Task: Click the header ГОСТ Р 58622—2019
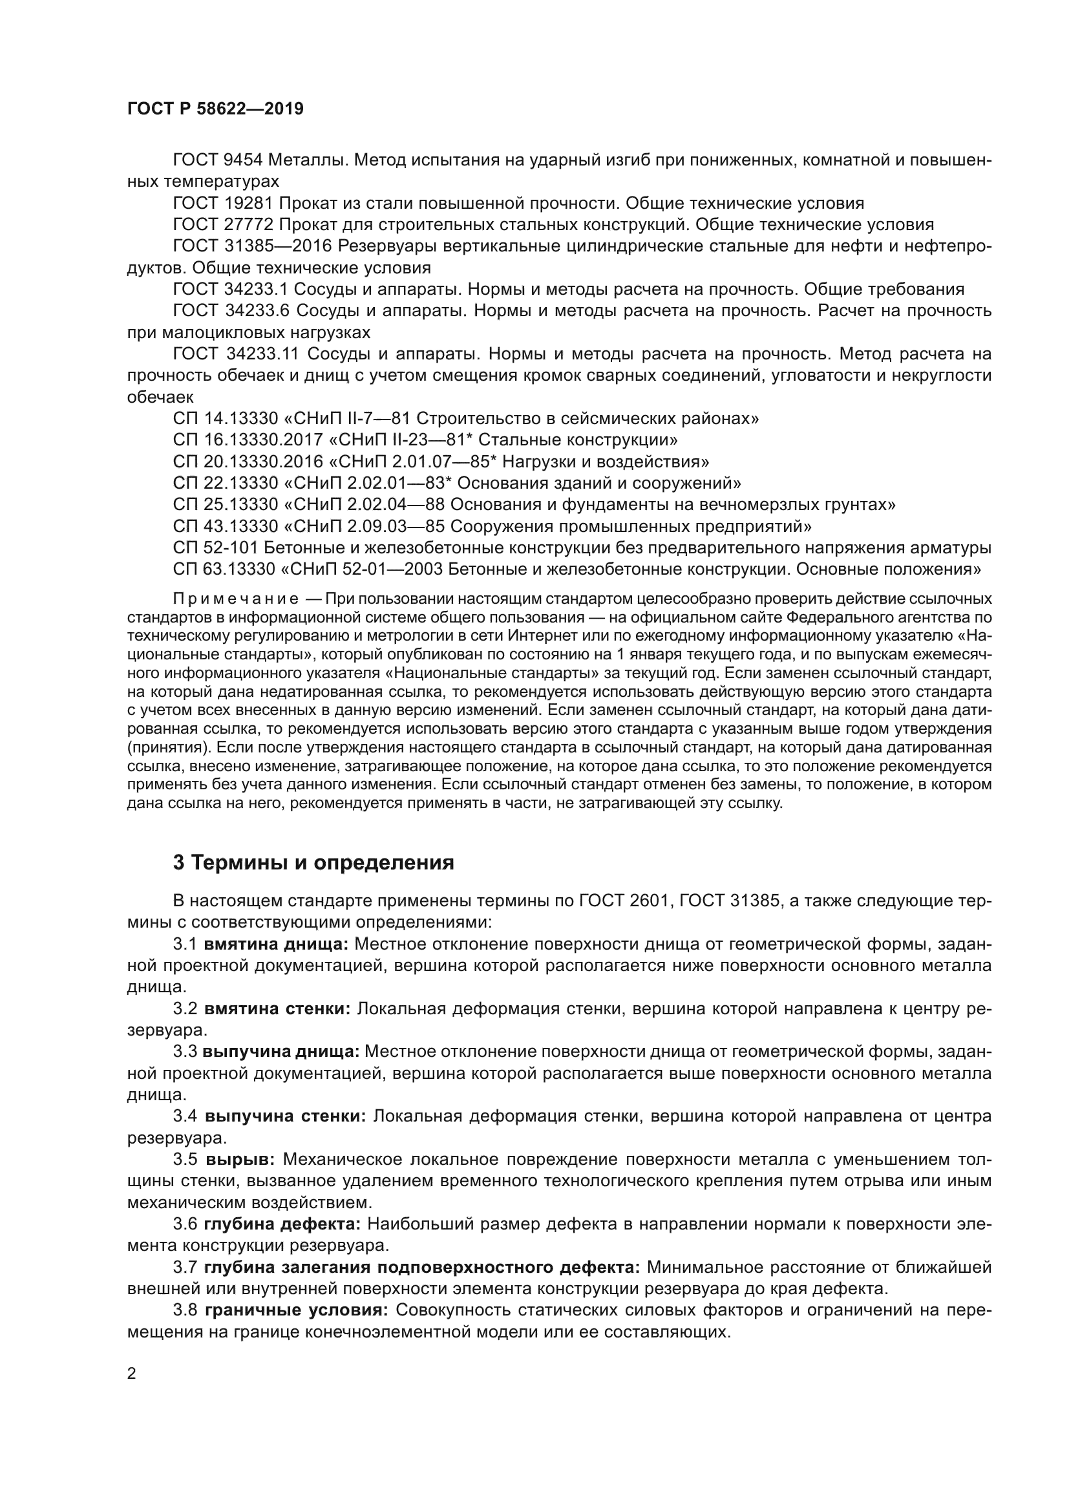click(x=215, y=109)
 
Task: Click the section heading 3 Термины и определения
click(x=313, y=863)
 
